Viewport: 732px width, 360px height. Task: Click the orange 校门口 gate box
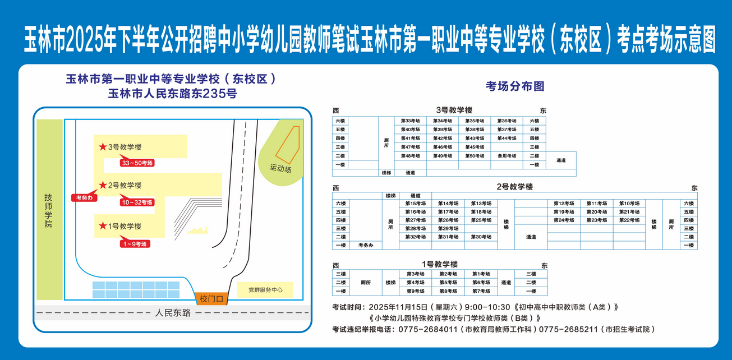211,299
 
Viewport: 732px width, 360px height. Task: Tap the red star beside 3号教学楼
103,147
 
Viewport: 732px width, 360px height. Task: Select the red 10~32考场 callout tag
137,202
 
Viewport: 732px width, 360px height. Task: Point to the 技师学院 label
49,210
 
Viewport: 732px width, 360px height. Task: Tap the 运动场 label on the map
280,168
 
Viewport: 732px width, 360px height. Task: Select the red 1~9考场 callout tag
135,243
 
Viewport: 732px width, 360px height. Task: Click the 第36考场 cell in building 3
507,121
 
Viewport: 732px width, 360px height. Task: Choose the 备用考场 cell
507,156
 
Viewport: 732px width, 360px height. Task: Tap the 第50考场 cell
475,156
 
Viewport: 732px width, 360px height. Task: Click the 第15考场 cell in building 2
416,204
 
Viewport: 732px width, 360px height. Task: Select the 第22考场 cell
629,220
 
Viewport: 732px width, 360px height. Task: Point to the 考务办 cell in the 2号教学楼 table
366,245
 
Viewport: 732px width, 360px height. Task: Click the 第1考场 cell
481,274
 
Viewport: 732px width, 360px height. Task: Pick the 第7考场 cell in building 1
481,291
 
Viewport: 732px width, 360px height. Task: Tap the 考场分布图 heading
515,86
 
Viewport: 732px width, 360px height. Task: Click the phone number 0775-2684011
427,329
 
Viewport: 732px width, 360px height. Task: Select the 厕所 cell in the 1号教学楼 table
365,283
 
